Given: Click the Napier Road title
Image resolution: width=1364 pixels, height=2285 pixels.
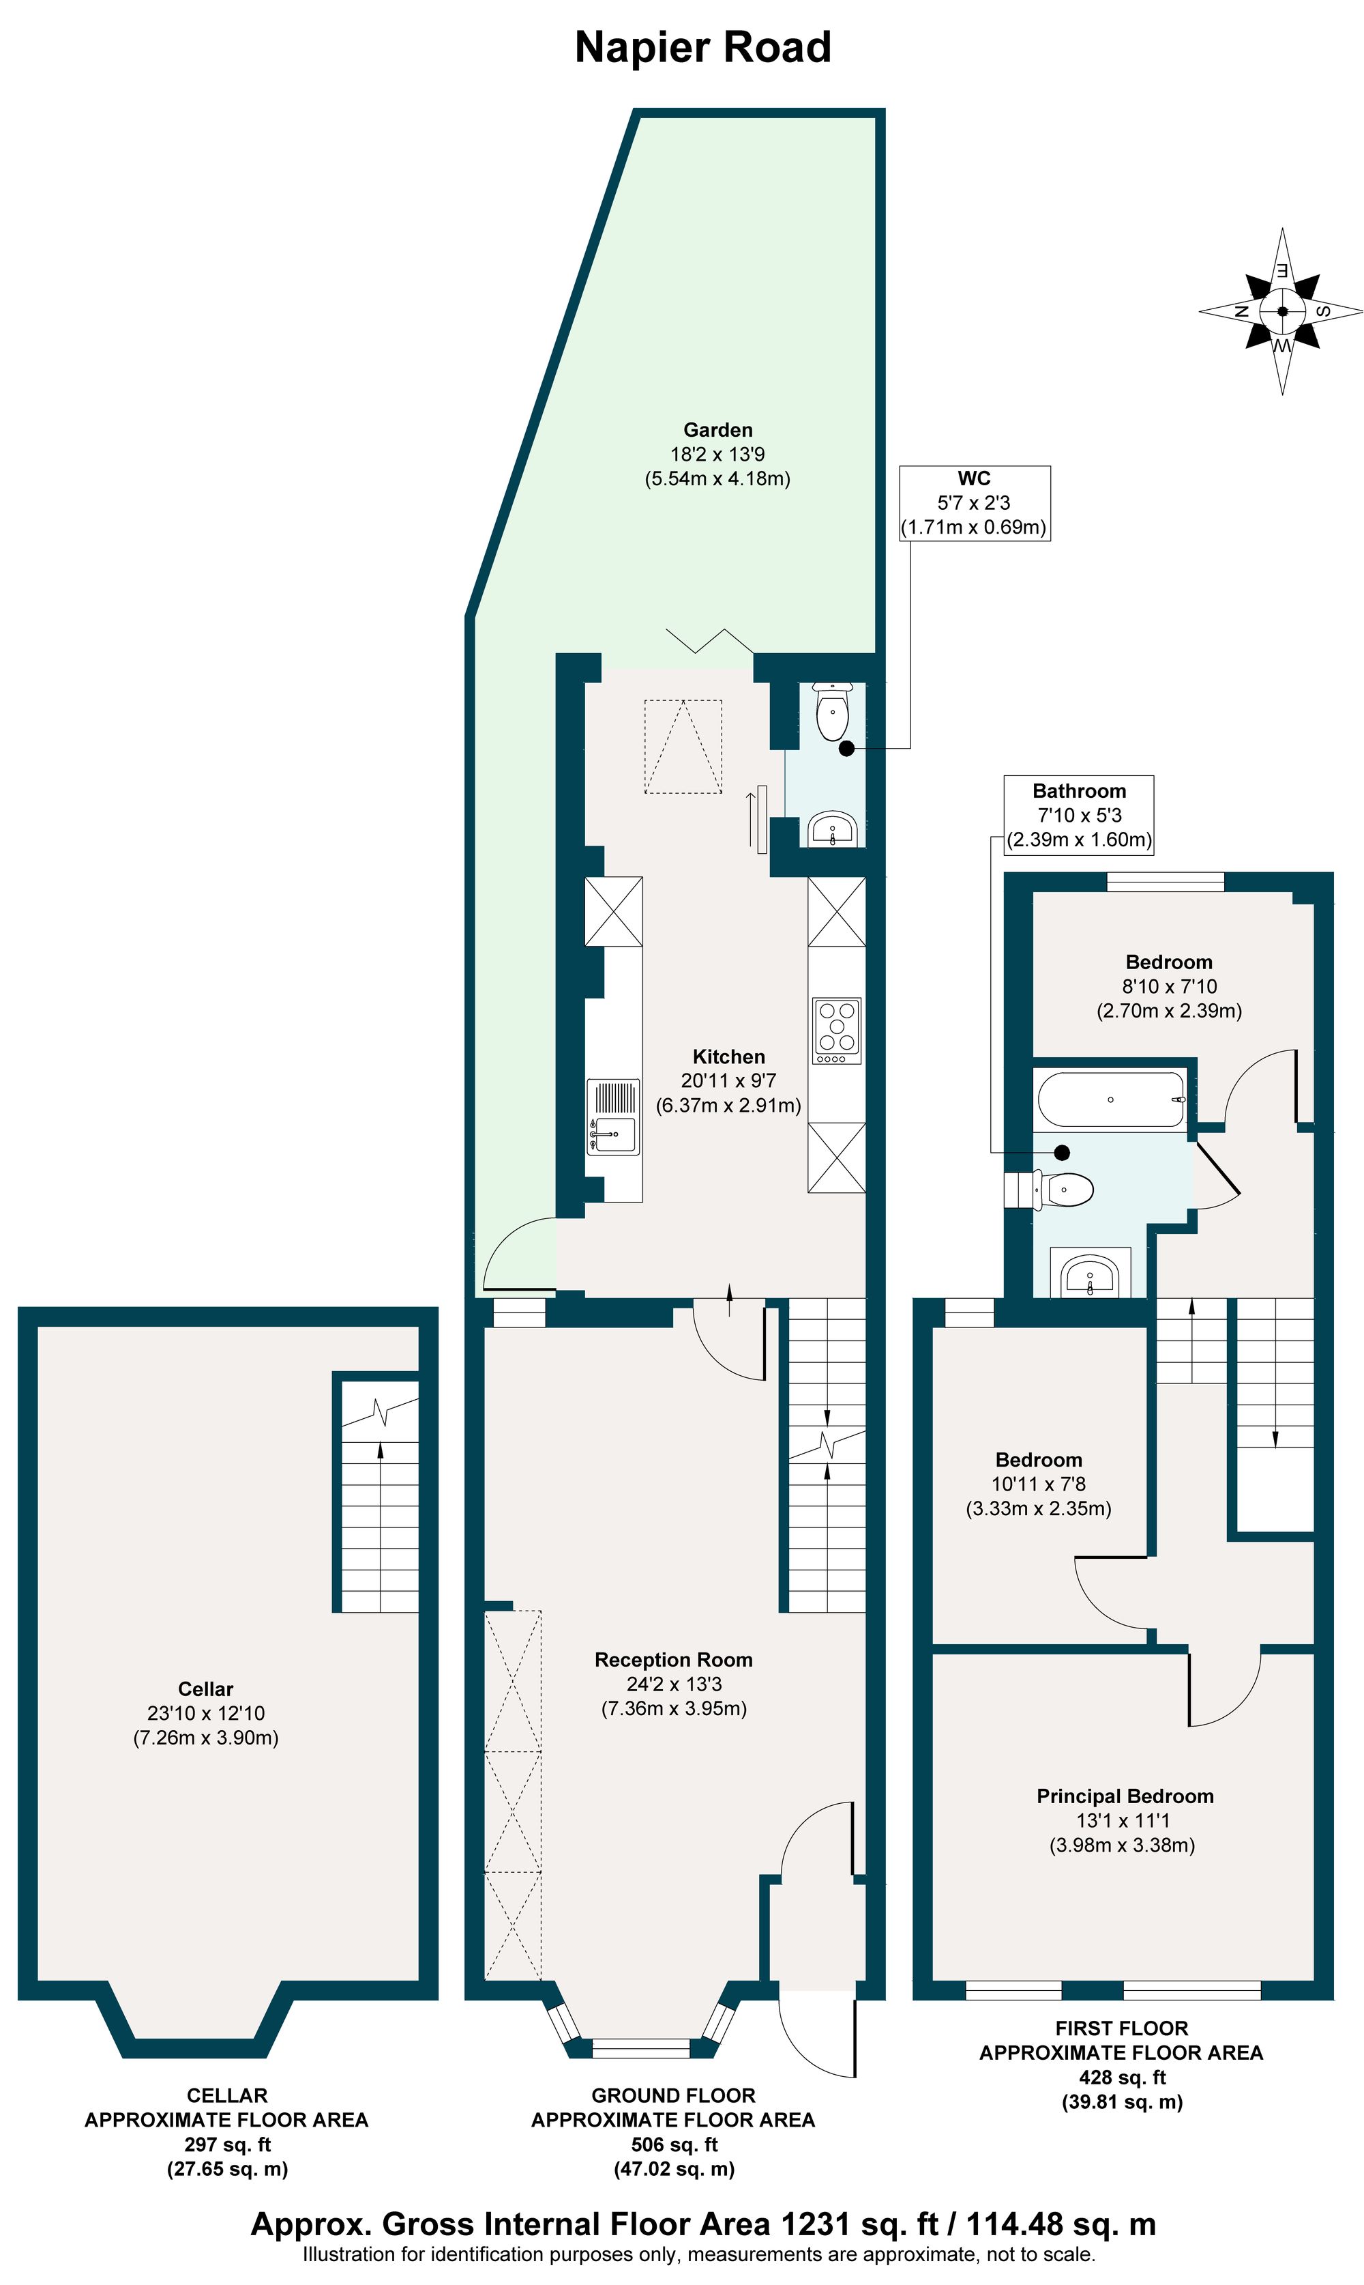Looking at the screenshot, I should click(702, 48).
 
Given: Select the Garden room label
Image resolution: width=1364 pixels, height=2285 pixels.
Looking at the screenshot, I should click(718, 429).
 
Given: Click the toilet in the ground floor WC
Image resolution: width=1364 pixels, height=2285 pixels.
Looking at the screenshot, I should click(833, 712).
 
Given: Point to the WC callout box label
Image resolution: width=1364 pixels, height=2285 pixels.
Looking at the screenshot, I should click(975, 502).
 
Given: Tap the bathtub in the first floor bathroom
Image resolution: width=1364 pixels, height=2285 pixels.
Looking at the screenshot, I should click(1111, 1100).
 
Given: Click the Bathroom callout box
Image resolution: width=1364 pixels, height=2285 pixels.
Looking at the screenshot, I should click(1079, 815).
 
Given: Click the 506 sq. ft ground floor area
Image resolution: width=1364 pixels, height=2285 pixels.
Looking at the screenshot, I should click(673, 2144).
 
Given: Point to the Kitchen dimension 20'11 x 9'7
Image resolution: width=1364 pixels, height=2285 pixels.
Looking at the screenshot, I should click(728, 1080).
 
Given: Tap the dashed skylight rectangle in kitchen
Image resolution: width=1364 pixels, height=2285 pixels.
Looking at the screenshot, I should click(683, 747).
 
